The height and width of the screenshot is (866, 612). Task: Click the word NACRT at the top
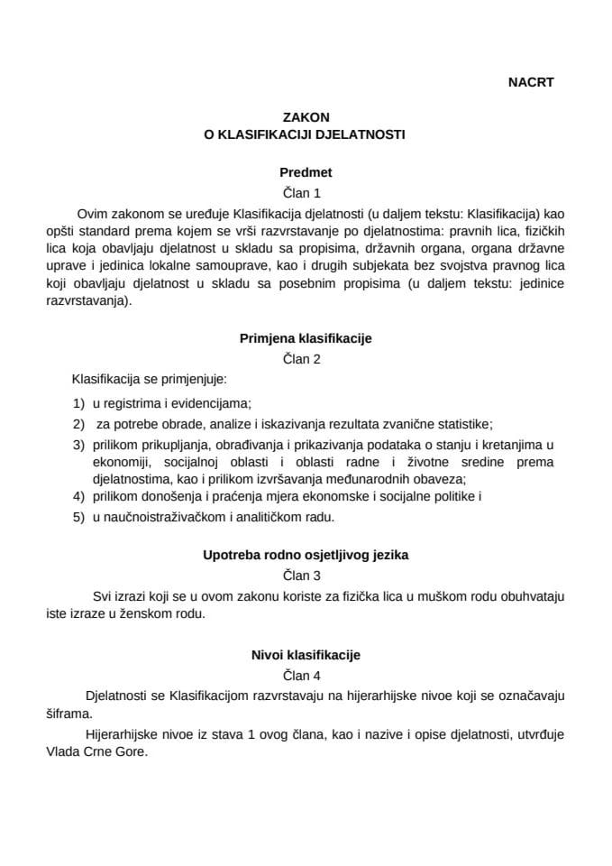click(530, 81)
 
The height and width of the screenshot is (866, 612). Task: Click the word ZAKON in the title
click(306, 117)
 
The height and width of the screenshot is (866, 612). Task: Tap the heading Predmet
click(306, 171)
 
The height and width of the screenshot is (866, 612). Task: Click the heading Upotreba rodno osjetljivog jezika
click(306, 556)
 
